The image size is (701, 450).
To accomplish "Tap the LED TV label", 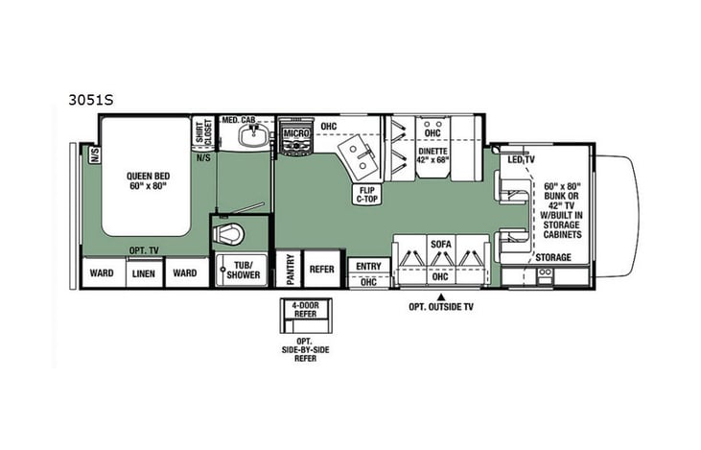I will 521,158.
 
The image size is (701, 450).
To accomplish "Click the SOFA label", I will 440,245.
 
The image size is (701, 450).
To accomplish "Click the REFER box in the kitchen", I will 322,270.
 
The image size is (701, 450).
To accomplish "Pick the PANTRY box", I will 287,270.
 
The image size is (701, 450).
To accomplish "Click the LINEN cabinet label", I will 142,272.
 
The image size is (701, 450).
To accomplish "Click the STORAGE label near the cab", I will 552,257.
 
